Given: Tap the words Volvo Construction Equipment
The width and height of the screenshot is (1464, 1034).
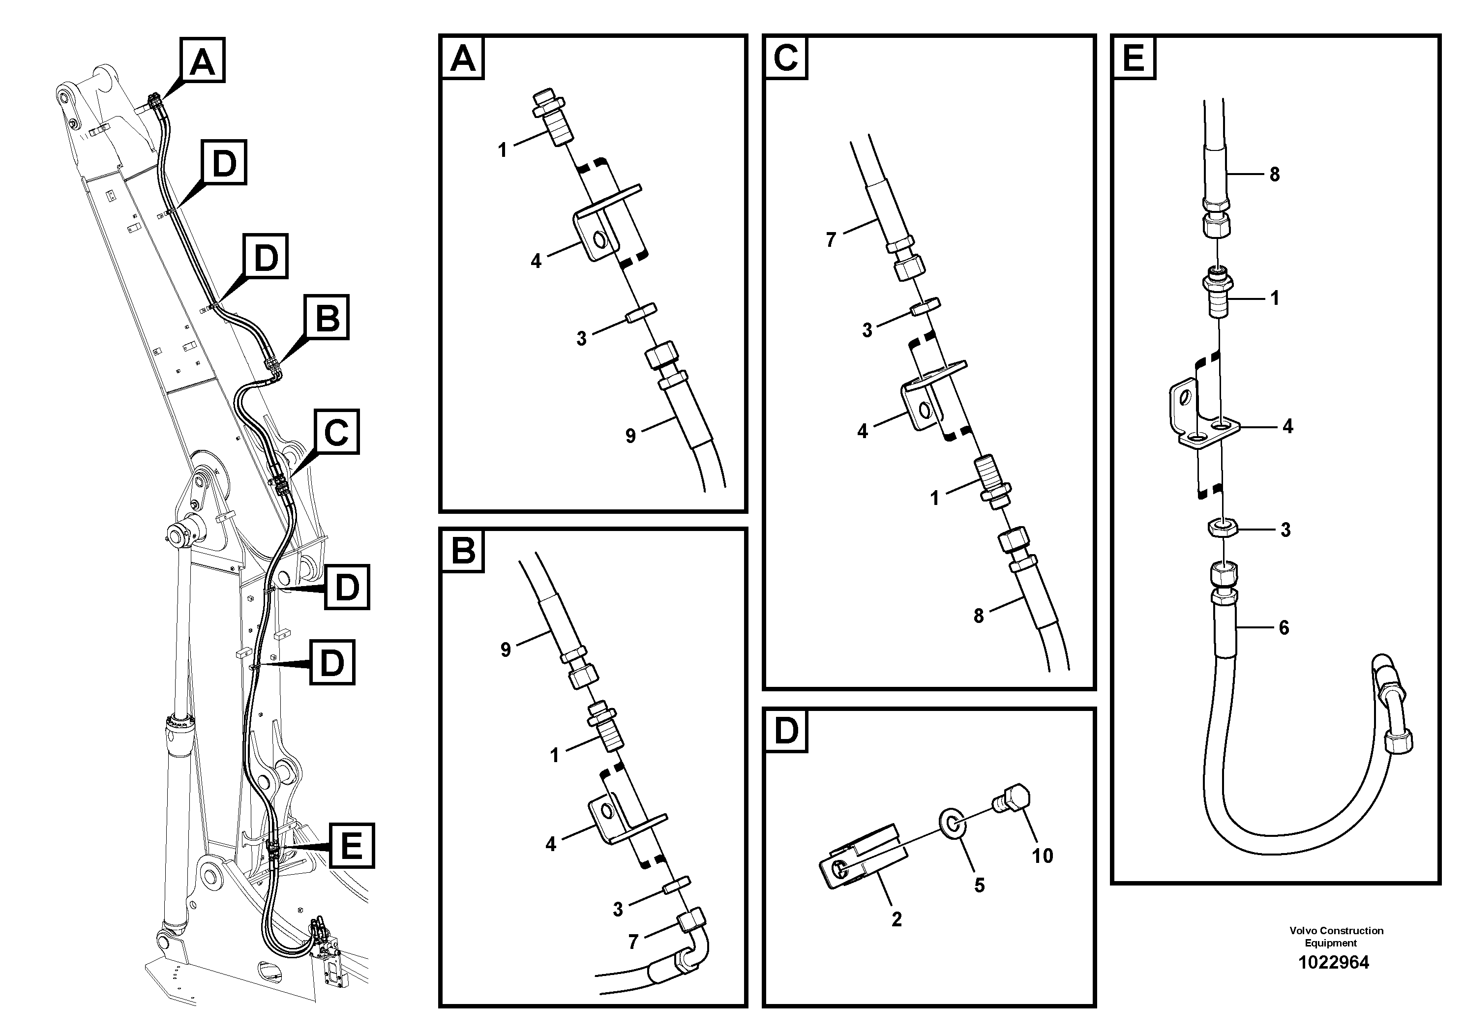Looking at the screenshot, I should (x=1336, y=937).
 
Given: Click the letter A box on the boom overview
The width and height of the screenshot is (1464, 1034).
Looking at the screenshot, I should (x=203, y=60).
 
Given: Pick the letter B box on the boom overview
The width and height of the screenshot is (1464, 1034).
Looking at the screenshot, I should (x=327, y=317).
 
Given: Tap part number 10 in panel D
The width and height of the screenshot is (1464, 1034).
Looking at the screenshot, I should (x=1042, y=856).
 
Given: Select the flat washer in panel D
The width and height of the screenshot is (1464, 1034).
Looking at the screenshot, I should (x=952, y=823).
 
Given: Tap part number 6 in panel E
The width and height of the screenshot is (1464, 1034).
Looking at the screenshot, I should (x=1284, y=627).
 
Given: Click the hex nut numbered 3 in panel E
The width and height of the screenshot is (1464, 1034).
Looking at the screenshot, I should (x=1223, y=528).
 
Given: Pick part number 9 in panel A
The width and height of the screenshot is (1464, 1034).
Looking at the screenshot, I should (x=630, y=436).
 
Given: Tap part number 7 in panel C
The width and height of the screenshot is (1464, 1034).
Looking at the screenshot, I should (x=830, y=240).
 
